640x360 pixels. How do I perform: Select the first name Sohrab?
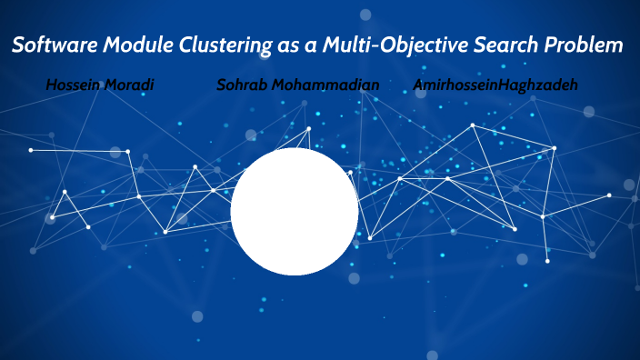pos(242,85)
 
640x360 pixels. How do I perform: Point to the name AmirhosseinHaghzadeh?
pos(495,85)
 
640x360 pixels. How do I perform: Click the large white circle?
pos(294,212)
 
